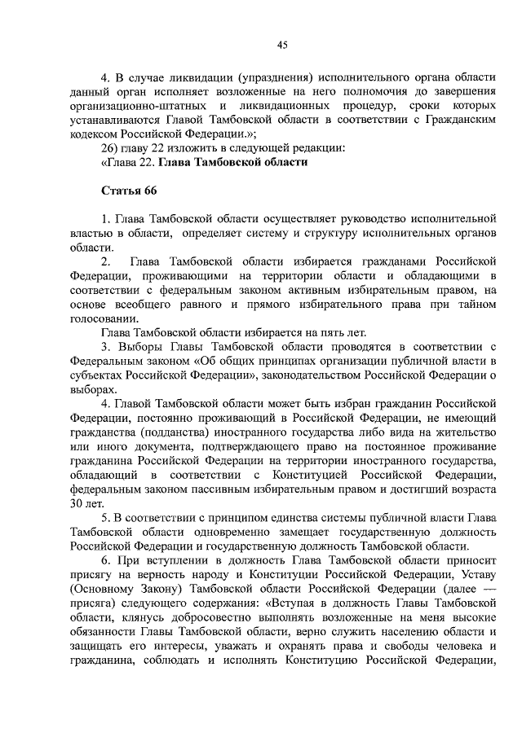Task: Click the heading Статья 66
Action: tap(128, 190)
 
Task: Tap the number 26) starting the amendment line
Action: tap(109, 147)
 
